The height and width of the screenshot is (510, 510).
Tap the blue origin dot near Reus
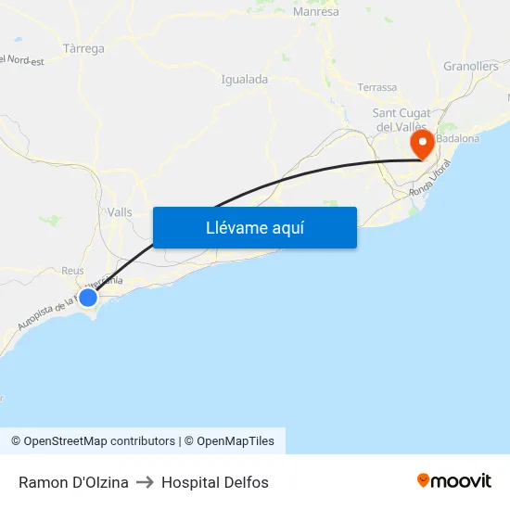[x=87, y=298]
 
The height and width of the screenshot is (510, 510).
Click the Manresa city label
[x=315, y=12]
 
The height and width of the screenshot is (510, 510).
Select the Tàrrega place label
[x=83, y=48]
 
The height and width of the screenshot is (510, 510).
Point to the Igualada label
[x=245, y=80]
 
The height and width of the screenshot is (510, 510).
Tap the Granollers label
[x=471, y=66]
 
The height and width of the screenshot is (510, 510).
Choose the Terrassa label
[x=377, y=87]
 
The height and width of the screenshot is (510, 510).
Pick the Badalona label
[x=458, y=139]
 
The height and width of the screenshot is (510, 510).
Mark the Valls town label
[x=120, y=212]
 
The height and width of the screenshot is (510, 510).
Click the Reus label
[x=72, y=271]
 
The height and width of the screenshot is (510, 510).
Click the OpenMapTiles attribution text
[x=236, y=441]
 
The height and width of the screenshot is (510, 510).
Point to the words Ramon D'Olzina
[x=73, y=482]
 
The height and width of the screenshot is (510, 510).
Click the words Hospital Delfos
[x=215, y=482]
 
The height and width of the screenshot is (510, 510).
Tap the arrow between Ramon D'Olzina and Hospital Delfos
[x=145, y=482]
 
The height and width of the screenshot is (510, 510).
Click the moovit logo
[x=454, y=480]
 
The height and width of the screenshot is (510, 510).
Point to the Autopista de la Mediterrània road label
[x=56, y=305]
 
